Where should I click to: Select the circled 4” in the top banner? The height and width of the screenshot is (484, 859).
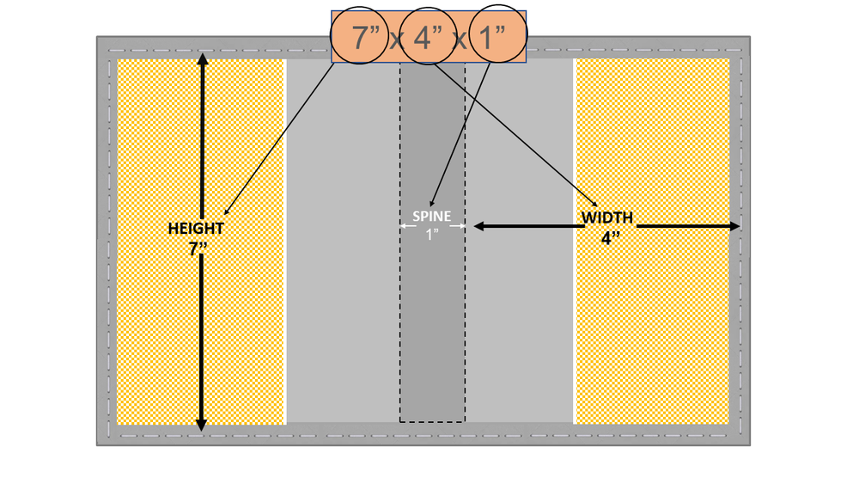432,38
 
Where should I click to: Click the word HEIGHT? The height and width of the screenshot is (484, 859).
196,229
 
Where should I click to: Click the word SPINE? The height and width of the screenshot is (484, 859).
431,217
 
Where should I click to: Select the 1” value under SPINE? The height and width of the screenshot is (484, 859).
432,235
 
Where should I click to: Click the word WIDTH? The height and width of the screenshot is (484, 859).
607,218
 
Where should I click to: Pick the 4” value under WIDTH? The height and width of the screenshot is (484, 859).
610,238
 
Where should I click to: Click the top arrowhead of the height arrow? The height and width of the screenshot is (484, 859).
202,59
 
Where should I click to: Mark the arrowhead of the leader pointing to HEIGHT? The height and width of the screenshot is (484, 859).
225,214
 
